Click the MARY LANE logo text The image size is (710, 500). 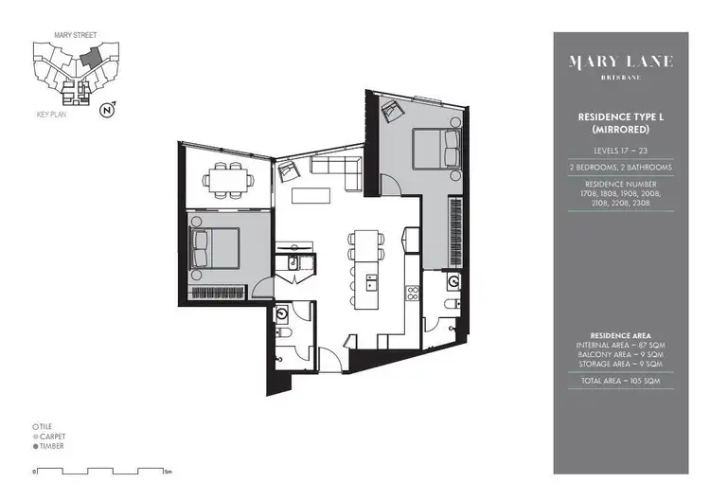620,62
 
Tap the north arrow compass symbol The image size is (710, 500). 108,110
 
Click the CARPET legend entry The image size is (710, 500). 49,436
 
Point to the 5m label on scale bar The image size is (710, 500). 167,471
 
